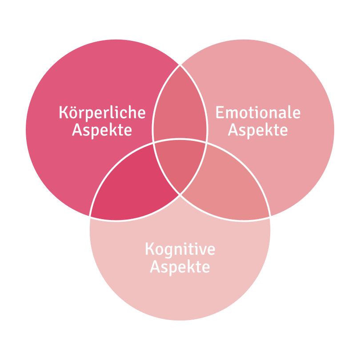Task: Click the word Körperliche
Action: tap(102, 112)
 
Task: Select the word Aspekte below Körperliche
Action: tap(102, 130)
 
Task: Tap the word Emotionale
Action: tap(258, 112)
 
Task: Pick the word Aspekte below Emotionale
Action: tap(258, 130)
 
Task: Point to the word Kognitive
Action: tap(180, 249)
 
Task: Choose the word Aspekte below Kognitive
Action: tap(180, 267)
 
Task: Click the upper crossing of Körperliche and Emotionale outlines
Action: tap(180, 65)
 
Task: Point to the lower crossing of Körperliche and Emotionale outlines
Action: tap(180, 194)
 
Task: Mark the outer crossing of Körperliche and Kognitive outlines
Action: tap(90, 216)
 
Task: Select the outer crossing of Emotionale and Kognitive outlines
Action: tap(270, 216)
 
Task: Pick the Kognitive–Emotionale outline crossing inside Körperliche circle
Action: tap(153, 143)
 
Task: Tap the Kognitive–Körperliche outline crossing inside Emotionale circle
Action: tap(207, 143)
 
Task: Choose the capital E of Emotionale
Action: tap(220, 112)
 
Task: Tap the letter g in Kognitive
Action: tap(170, 251)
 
